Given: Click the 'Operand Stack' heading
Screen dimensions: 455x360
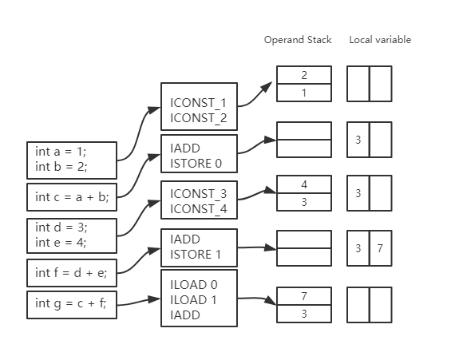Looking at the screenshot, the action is point(298,40).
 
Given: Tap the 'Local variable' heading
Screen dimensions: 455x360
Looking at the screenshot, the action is point(380,40).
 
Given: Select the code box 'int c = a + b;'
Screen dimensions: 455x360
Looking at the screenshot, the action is point(72,197).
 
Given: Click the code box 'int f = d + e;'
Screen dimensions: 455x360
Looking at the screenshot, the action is point(72,273).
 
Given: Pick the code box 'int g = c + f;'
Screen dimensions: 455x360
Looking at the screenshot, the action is point(72,305).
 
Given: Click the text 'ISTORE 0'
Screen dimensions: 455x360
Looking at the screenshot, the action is point(196,164).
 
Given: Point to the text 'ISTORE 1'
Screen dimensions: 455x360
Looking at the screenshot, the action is point(196,255).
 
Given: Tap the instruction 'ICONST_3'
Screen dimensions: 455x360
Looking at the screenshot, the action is point(199,194).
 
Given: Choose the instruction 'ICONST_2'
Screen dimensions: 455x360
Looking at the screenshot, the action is point(199,118).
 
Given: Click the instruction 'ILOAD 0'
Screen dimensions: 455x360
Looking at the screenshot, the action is point(194,285).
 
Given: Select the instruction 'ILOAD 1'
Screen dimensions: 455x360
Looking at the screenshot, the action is point(193,299).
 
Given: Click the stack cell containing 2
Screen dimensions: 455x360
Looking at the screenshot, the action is point(304,75).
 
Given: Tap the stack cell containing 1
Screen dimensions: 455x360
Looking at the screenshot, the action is point(304,93).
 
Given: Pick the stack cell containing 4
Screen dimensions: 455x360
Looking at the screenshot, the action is point(304,184).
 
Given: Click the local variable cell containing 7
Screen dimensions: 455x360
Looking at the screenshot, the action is point(381,248).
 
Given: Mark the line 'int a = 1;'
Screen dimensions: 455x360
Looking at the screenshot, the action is point(61,152).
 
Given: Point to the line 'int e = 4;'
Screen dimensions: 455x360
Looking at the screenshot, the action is point(61,243).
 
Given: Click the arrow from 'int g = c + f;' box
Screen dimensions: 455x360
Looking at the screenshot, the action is point(139,302).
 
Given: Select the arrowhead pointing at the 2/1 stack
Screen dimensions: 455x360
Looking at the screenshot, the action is point(267,87).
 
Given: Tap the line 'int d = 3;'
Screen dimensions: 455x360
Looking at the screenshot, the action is point(61,227).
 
